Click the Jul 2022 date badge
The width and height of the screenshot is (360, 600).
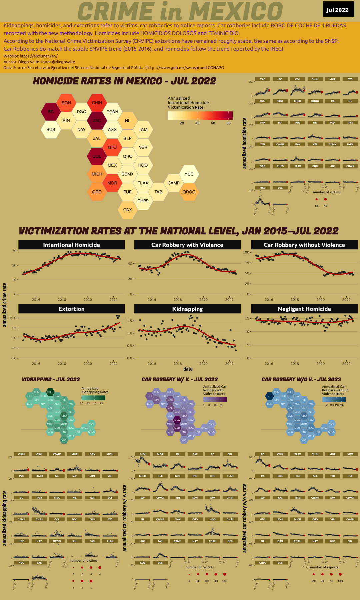pos(337,10)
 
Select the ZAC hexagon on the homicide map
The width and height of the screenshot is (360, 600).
pos(97,121)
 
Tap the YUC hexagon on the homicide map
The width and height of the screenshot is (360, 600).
pos(189,174)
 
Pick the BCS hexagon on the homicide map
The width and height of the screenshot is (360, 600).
pos(51,130)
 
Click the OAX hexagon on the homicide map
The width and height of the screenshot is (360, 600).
pos(128,210)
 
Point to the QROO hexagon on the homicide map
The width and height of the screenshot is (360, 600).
pos(189,192)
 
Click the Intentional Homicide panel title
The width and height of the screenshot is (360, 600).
pos(71,245)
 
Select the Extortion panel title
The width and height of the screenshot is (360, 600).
pos(71,309)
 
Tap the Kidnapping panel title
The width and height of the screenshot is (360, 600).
pos(187,309)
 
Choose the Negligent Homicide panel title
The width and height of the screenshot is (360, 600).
pos(304,309)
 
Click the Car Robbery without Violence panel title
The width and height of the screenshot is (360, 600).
pos(304,245)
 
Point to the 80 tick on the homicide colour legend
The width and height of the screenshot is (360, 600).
pos(228,123)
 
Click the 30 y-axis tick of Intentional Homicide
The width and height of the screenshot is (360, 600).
pos(14,251)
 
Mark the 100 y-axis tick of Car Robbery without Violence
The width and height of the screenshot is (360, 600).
pos(246,252)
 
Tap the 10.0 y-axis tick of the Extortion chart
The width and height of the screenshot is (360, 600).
pos(13,318)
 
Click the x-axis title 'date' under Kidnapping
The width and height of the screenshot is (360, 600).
pos(188,369)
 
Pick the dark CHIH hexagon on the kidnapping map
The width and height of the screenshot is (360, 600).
pos(50,392)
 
